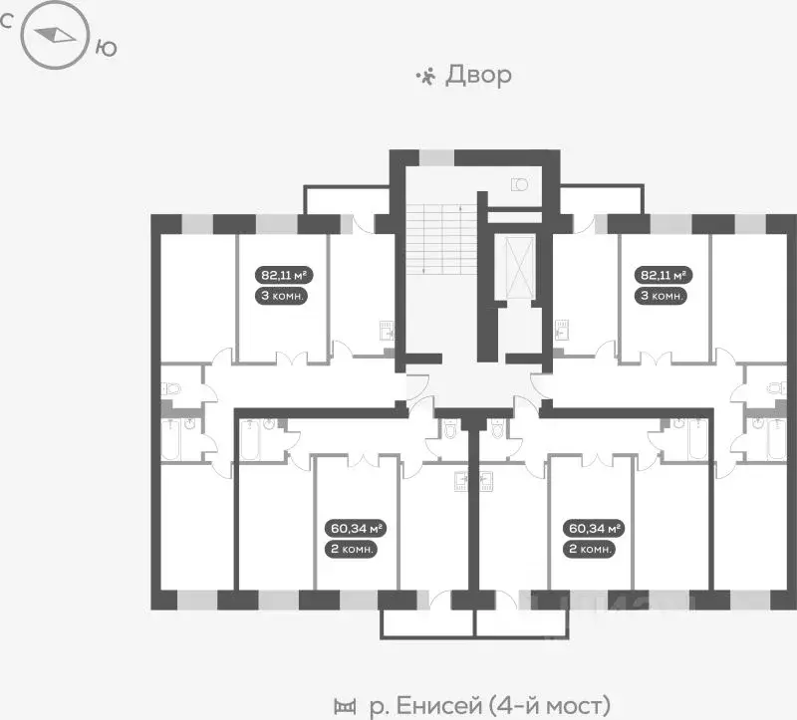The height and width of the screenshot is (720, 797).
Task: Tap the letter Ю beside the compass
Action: [x=105, y=45]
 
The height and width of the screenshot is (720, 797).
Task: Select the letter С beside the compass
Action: [x=7, y=21]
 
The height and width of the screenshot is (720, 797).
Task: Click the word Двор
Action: [x=478, y=75]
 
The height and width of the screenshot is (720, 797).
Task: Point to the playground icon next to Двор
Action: [x=425, y=75]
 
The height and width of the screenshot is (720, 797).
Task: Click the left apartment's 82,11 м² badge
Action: [x=282, y=275]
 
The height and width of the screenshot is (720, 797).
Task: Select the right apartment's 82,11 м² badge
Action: [x=661, y=275]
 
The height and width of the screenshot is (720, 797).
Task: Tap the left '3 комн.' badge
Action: [x=282, y=296]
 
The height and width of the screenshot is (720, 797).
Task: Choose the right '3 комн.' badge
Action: [x=661, y=296]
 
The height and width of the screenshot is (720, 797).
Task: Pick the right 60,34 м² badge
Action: [x=594, y=528]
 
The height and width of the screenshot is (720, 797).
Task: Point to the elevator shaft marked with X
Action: [x=519, y=267]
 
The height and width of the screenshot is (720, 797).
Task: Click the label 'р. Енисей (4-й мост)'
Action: [x=488, y=706]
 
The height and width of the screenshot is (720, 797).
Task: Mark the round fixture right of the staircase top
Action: [x=519, y=183]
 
